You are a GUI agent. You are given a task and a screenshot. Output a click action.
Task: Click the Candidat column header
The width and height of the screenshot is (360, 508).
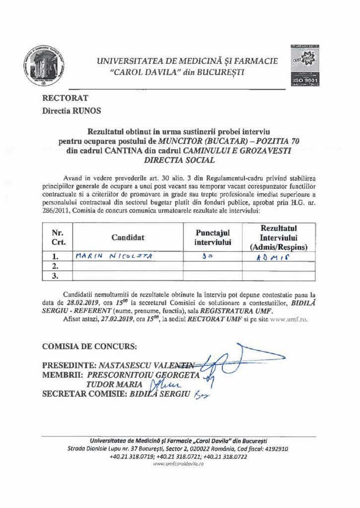[128, 238]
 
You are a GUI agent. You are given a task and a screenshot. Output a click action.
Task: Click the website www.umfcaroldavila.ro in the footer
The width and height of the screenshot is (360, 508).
[179, 463]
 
